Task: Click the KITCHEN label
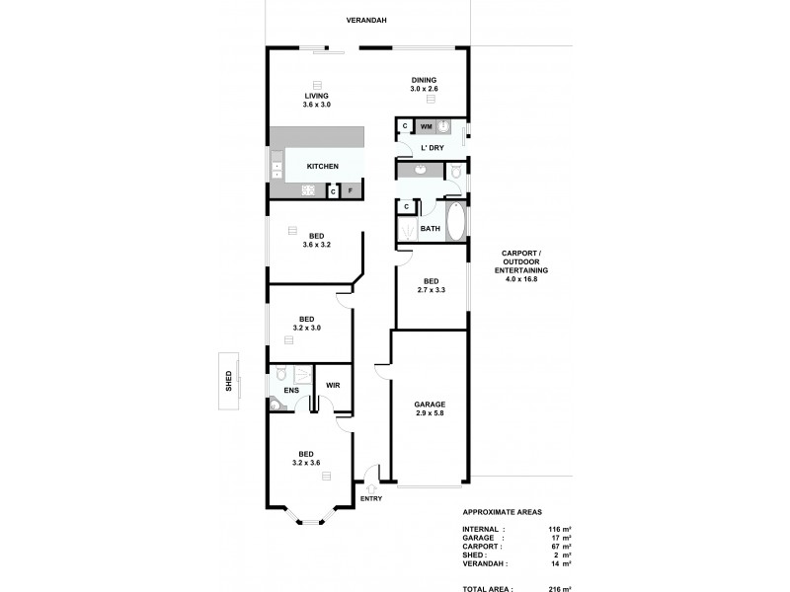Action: pyautogui.click(x=322, y=167)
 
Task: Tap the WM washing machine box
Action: pyautogui.click(x=426, y=127)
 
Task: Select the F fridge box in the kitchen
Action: pyautogui.click(x=351, y=190)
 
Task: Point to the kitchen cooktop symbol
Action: pyautogui.click(x=308, y=190)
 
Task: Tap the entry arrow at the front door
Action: pyautogui.click(x=370, y=484)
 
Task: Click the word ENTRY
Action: pyautogui.click(x=370, y=499)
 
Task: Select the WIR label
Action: pyautogui.click(x=333, y=385)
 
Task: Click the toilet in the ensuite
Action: pyautogui.click(x=281, y=374)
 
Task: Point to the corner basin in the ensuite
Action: pyautogui.click(x=274, y=403)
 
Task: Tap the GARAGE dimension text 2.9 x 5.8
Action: pyautogui.click(x=431, y=414)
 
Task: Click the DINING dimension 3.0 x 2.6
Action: pyautogui.click(x=424, y=90)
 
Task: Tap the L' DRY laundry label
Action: pyautogui.click(x=432, y=148)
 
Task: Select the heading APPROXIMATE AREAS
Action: pyautogui.click(x=503, y=514)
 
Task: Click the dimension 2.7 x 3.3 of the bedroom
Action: pyautogui.click(x=432, y=289)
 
